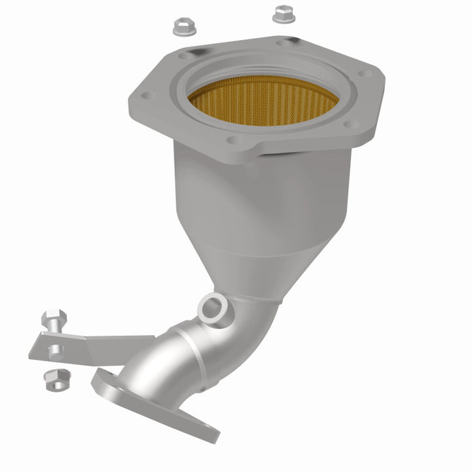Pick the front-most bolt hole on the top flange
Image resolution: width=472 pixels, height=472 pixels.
(233, 139)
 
